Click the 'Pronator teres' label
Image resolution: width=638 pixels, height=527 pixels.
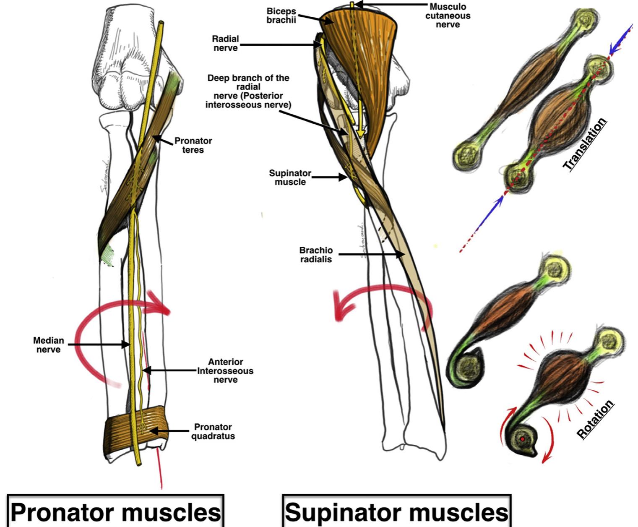pos(193,145)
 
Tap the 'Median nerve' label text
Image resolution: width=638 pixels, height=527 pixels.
pos(49,345)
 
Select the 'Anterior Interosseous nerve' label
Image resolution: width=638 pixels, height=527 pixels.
pos(226,370)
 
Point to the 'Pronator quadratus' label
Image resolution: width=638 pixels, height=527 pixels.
pos(213,431)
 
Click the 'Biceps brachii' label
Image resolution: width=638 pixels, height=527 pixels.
pos(281,16)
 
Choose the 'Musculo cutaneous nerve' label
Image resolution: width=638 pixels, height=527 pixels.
pos(448,16)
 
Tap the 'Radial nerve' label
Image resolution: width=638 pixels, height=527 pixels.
pos(225,43)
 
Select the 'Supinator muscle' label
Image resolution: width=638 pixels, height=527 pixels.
pos(290,177)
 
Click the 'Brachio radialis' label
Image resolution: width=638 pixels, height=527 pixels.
pos(316,255)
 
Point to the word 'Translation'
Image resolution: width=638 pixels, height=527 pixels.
pos(585,144)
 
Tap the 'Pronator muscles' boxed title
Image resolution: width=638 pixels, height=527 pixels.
pos(115,512)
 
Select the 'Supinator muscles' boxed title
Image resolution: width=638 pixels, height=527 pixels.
pos(396,512)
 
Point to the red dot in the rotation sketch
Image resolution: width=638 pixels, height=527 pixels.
pos(523,439)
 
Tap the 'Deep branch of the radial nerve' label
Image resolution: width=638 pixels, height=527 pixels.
pos(248,91)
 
